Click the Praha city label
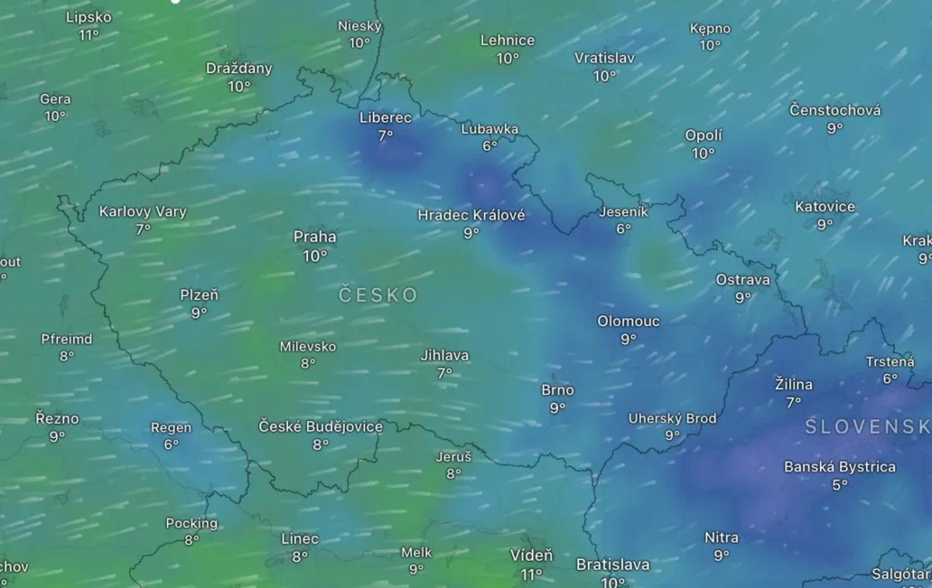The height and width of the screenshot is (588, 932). click(x=315, y=236)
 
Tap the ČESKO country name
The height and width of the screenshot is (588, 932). click(x=378, y=295)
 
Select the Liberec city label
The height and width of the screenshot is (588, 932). click(x=385, y=117)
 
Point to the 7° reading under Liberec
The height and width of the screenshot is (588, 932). click(x=385, y=135)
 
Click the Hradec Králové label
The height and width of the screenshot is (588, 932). click(x=471, y=214)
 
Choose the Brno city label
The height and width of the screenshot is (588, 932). click(x=558, y=390)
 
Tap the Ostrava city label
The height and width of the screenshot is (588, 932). click(x=742, y=280)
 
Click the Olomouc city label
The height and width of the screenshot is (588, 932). click(x=628, y=321)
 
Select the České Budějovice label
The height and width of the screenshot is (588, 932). click(x=321, y=426)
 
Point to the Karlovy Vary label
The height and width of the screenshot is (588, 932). click(x=143, y=211)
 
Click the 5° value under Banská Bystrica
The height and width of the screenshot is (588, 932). click(x=840, y=485)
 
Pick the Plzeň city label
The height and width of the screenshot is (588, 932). click(x=199, y=294)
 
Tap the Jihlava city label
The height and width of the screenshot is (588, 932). click(x=444, y=355)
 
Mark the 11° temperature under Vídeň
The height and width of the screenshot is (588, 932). click(x=531, y=574)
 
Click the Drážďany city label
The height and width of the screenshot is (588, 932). click(x=239, y=68)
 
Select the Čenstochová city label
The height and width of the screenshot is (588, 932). click(x=835, y=110)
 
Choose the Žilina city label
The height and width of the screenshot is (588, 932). click(x=794, y=384)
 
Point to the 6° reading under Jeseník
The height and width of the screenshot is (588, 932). click(x=623, y=229)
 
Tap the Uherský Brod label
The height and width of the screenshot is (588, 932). click(x=673, y=419)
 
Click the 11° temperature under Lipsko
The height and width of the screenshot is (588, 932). click(x=89, y=35)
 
